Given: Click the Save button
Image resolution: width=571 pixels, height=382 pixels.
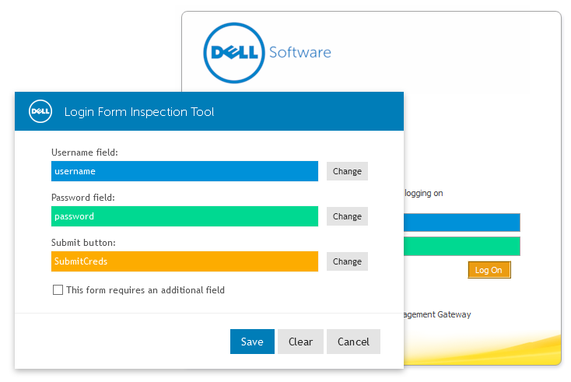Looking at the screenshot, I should coord(252,342).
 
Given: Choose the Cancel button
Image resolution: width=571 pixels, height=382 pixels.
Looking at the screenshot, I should coord(353,342).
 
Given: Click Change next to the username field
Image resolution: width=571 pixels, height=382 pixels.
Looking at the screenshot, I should coord(347,171).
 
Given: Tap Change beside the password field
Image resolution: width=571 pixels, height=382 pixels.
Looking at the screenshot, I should coord(347,216).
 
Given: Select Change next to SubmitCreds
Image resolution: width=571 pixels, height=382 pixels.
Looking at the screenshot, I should coord(347,261).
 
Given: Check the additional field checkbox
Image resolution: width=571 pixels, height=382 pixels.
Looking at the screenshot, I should coord(58,290).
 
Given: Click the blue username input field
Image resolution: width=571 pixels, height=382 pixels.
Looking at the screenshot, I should coord(184,171).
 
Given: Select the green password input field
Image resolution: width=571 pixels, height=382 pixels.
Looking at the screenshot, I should coord(184,216).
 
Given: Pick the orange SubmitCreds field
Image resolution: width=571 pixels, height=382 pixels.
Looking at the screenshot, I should coord(184,261).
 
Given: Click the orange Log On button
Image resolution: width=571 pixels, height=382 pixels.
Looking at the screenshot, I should coord(489,270).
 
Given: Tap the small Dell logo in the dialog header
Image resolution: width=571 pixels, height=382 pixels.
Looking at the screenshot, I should coord(40,111).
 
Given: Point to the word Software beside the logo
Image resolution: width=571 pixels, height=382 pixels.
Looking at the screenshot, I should coord(300,53).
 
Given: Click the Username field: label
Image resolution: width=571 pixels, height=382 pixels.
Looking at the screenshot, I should coord(85,152).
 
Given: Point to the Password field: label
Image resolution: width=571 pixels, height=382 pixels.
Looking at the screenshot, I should coord(83,198).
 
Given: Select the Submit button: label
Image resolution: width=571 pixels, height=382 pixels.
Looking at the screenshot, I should coord(83,243).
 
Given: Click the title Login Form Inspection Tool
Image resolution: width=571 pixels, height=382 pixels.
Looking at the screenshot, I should coord(139,112).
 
